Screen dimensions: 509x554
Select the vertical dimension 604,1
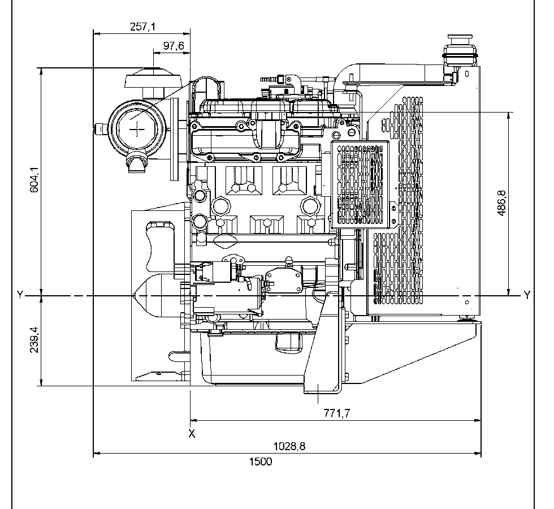click(x=34, y=180)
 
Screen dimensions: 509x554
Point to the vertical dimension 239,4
click(x=34, y=341)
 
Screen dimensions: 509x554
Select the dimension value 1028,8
click(x=290, y=446)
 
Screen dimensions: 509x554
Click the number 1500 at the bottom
click(x=261, y=461)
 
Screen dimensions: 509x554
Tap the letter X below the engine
click(x=192, y=434)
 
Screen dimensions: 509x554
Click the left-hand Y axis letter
click(x=20, y=295)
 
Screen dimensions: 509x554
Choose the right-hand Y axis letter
click(x=527, y=295)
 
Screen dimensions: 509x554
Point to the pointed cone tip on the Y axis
click(x=134, y=296)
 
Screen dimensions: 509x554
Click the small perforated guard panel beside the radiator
click(x=360, y=184)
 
